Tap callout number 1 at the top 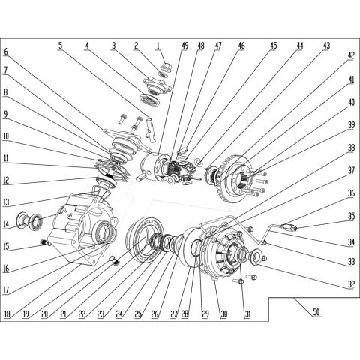(x=160, y=46)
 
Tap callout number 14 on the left (x=6, y=224)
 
